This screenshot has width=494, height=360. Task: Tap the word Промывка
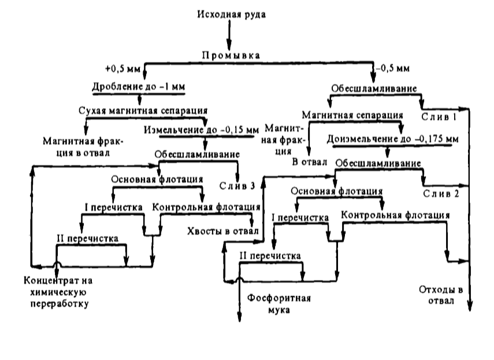(230, 55)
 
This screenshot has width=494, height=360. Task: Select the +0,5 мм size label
(126, 68)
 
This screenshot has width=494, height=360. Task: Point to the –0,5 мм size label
(393, 68)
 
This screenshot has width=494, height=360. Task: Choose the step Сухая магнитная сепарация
(143, 109)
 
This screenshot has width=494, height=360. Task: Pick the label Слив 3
(237, 186)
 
